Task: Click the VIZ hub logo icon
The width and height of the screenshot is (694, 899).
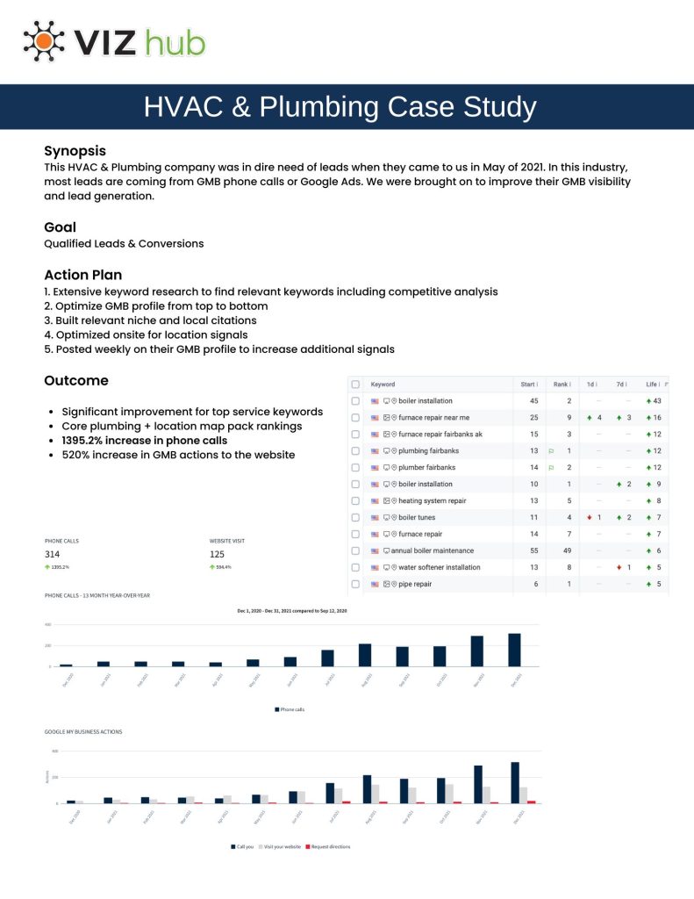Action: [x=44, y=40]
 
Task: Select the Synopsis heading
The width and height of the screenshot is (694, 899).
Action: [x=75, y=150]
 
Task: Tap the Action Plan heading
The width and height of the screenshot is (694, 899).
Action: [x=82, y=275]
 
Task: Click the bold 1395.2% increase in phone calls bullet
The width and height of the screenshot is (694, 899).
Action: [x=144, y=440]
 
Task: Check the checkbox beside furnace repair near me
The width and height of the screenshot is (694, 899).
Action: [x=355, y=417]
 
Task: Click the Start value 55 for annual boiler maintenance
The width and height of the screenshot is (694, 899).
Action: [x=533, y=550]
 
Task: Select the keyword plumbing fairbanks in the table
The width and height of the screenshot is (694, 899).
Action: [x=428, y=450]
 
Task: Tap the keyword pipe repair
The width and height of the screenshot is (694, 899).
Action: [x=414, y=584]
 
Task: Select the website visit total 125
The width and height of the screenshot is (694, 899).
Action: [x=218, y=554]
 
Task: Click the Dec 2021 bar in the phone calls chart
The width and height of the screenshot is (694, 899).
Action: [x=514, y=650]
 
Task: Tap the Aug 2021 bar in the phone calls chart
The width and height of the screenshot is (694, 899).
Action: [x=365, y=655]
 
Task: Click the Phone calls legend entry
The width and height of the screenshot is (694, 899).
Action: [x=291, y=708]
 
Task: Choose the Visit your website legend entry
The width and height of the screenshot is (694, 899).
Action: [x=282, y=846]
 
